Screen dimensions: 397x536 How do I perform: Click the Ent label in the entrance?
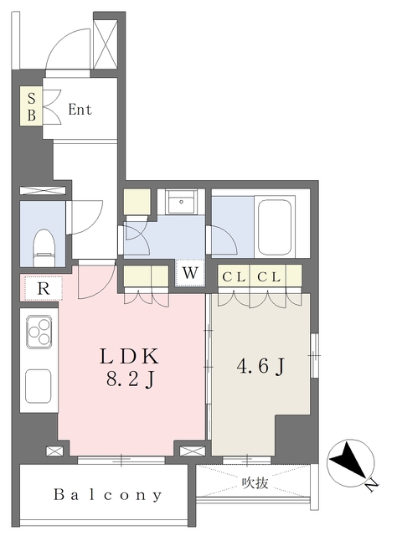click(x=80, y=110)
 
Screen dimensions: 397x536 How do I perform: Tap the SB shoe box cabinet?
click(x=31, y=106)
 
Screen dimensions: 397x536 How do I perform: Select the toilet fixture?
click(x=44, y=248)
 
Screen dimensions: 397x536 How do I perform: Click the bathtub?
click(x=276, y=227)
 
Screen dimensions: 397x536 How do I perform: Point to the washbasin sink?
click(x=181, y=202)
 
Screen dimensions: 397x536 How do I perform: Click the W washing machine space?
click(x=190, y=273)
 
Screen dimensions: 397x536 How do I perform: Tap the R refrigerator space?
click(x=44, y=289)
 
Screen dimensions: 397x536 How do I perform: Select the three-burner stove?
click(x=39, y=332)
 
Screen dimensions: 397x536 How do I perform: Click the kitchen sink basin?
click(x=39, y=386)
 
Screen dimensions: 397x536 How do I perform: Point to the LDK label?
click(x=130, y=356)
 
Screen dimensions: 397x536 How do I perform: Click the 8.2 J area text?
click(x=131, y=379)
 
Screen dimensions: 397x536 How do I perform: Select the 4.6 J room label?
click(x=260, y=367)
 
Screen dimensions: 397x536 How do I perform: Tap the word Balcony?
click(x=108, y=495)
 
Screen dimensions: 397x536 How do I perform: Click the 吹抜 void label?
click(x=255, y=483)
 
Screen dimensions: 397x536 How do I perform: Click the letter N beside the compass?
click(x=373, y=485)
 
